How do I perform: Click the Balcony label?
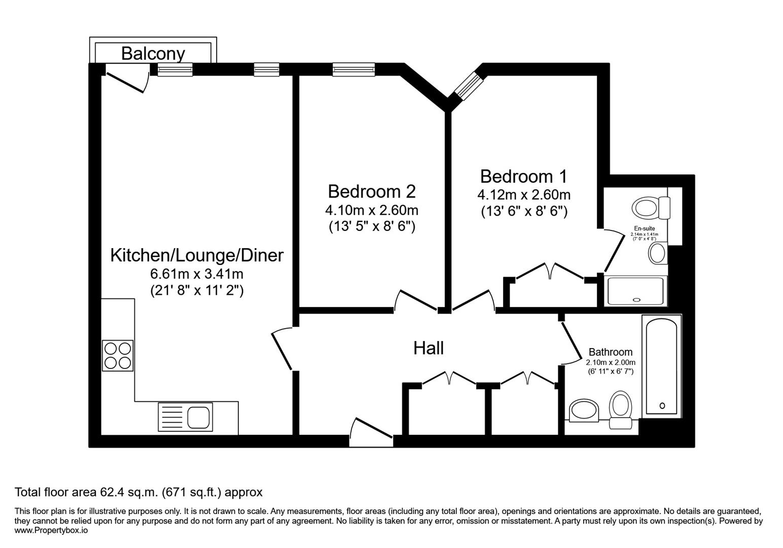[x=153, y=53]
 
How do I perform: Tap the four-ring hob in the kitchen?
[x=118, y=356]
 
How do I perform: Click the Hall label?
[x=429, y=348]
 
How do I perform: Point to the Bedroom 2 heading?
[x=372, y=191]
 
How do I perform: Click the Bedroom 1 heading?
[x=523, y=177]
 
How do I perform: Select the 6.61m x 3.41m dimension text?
[x=197, y=274]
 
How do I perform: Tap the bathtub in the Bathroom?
[x=662, y=365]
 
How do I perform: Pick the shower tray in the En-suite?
[x=635, y=291]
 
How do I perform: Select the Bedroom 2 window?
[x=353, y=70]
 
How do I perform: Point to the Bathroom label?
[x=611, y=352]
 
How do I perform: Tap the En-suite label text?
[x=644, y=229]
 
